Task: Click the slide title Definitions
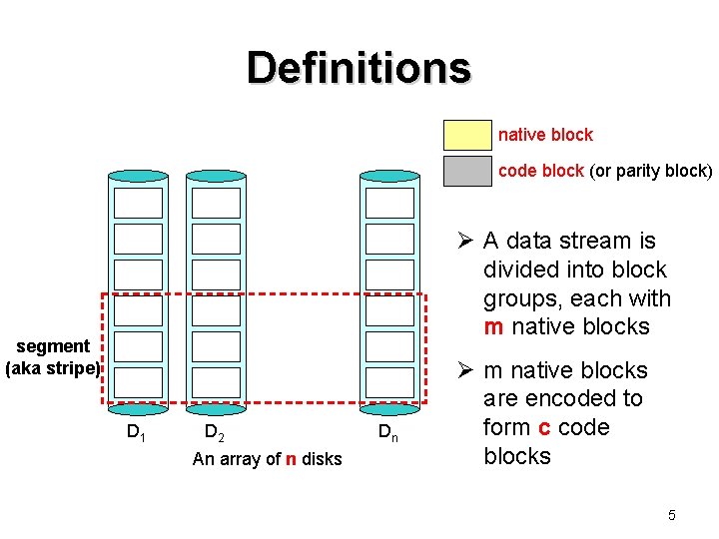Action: [359, 68]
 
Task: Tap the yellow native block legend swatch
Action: [467, 135]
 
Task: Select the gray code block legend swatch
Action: [467, 172]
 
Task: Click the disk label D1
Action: [136, 432]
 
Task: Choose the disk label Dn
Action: [388, 432]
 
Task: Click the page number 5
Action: [672, 515]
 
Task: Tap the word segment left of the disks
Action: [53, 346]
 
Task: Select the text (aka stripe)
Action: [53, 368]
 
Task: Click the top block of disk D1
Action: [138, 203]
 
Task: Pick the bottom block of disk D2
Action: [216, 382]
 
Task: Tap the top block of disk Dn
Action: [389, 203]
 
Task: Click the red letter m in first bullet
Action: [493, 327]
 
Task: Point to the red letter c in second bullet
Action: [544, 427]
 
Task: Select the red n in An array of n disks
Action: [291, 459]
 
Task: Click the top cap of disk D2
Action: [216, 176]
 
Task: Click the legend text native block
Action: [545, 135]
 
